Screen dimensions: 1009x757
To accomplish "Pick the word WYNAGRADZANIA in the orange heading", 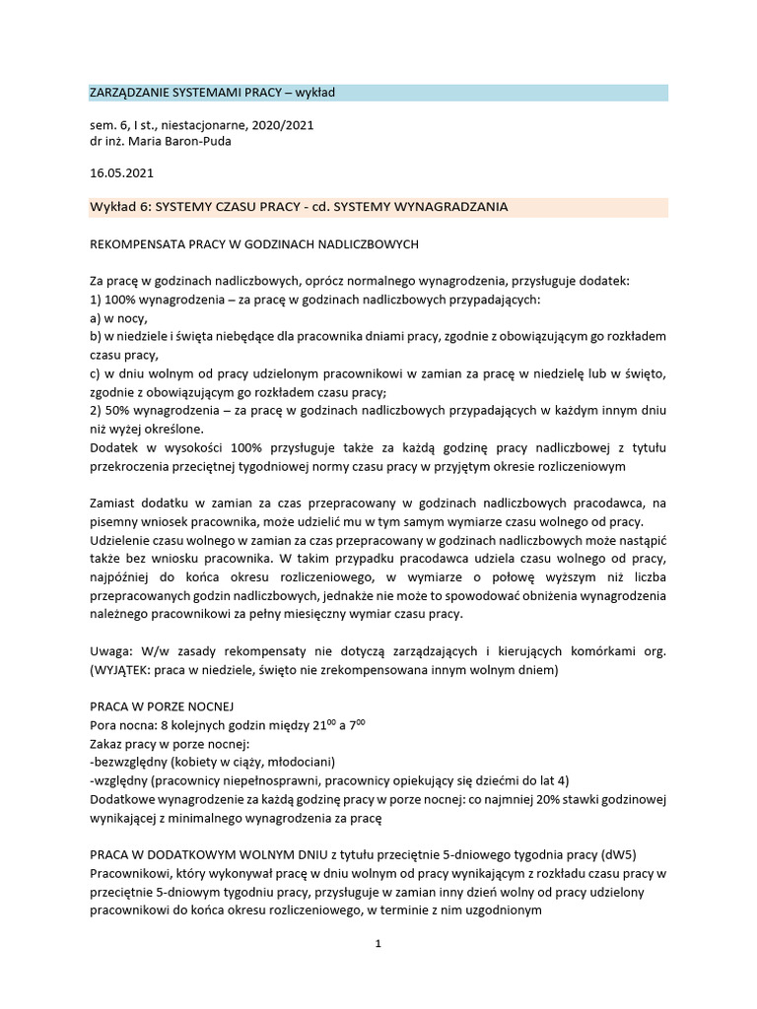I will tap(451, 207).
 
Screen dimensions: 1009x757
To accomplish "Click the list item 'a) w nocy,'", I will tap(118, 317).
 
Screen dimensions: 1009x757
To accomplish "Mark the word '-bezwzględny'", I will tap(130, 762).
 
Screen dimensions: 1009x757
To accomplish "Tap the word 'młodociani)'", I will tap(302, 762).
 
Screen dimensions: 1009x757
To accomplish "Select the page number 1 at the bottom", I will tap(378, 943).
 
